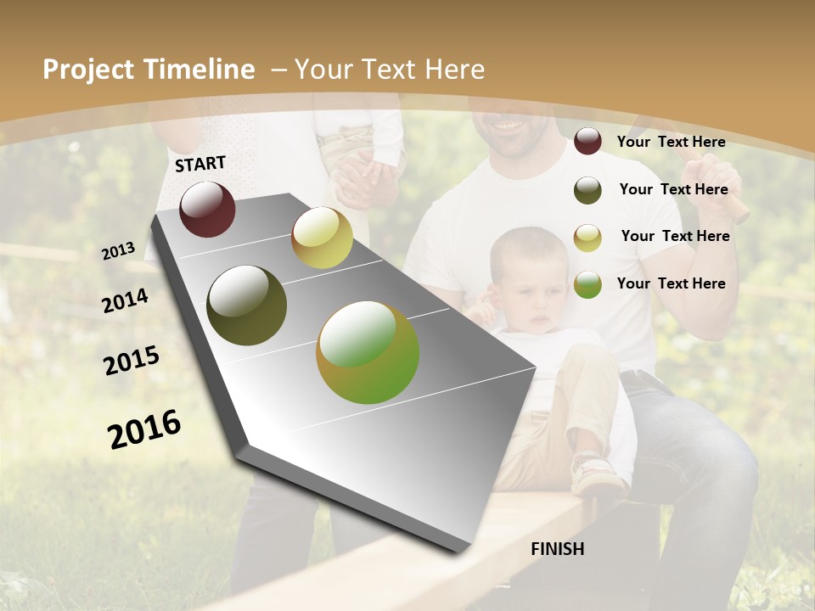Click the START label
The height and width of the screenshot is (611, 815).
pos(200,164)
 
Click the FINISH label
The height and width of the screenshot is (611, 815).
pos(557,549)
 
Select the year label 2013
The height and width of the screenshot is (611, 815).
pos(119,251)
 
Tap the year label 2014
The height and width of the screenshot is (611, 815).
pos(125,300)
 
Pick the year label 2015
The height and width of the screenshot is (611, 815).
pos(132,361)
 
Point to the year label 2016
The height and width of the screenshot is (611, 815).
pos(144,429)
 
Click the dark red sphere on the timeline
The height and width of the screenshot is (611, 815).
pos(207,209)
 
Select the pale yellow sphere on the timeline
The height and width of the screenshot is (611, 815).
pos(322,238)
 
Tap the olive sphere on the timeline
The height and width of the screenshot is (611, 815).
pos(247,305)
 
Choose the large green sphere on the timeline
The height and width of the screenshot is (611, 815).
pos(368,352)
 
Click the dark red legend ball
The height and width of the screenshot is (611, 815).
pos(587,142)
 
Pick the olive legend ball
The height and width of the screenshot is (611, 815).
pos(587,190)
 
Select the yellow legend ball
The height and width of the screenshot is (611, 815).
pos(587,238)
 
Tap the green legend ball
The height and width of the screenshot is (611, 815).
pos(587,284)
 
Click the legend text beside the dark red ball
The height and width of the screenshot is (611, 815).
pos(671,143)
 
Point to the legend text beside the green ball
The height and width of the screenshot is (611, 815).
pos(671,283)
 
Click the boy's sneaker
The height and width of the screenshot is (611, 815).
pos(598,475)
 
